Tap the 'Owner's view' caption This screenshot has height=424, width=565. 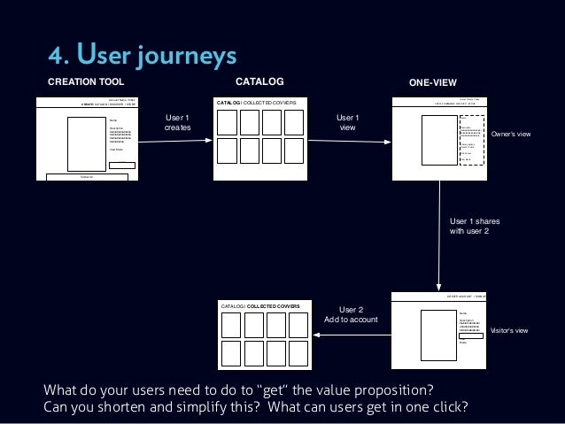point(510,134)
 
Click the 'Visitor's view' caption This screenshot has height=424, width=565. point(511,329)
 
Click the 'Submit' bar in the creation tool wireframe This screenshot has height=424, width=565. point(87,177)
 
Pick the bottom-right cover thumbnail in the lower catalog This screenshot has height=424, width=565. point(298,351)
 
